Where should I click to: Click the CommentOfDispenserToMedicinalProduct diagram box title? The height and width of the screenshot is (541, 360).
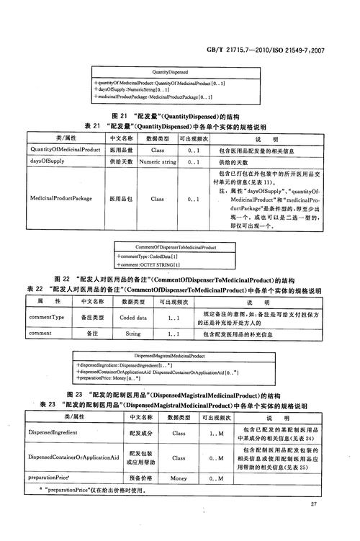[174, 247]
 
